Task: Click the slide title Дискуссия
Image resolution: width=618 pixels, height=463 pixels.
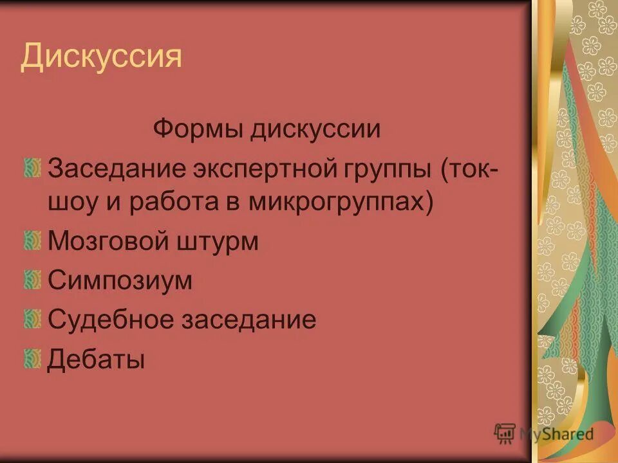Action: [x=101, y=57]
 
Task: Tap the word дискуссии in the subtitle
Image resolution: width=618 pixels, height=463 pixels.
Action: [x=315, y=129]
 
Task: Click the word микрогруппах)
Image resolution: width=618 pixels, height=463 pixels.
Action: [x=339, y=203]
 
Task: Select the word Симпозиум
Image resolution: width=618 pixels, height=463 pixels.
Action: [x=120, y=280]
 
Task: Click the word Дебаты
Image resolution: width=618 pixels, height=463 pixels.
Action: [x=96, y=358]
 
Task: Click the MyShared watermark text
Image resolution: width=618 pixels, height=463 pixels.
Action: [x=557, y=433]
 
